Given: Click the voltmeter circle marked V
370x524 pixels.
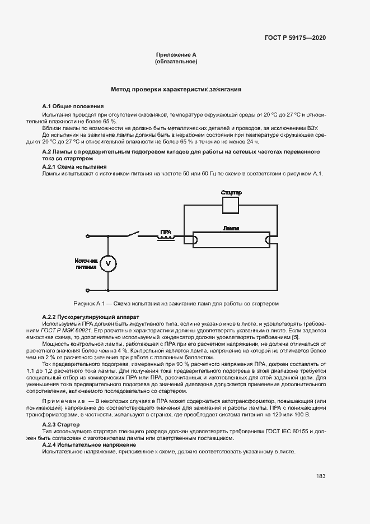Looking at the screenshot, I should point(110,263).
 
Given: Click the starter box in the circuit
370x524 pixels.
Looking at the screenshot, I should point(231,206).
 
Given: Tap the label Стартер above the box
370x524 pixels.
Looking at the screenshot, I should point(231,193).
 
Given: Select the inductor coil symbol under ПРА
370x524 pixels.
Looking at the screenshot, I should point(166,238).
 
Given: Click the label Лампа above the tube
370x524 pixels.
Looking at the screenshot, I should point(231,229).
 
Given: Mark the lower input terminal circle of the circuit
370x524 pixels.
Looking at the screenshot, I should point(87,290).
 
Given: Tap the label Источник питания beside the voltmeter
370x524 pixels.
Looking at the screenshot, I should point(86,264).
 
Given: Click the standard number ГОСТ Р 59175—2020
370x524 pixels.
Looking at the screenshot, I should point(295,38).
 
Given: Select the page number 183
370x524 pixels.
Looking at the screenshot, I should point(321,476).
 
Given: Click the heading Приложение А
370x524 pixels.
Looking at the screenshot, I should point(176,54).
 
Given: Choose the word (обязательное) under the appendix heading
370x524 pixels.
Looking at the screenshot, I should point(176,61).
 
